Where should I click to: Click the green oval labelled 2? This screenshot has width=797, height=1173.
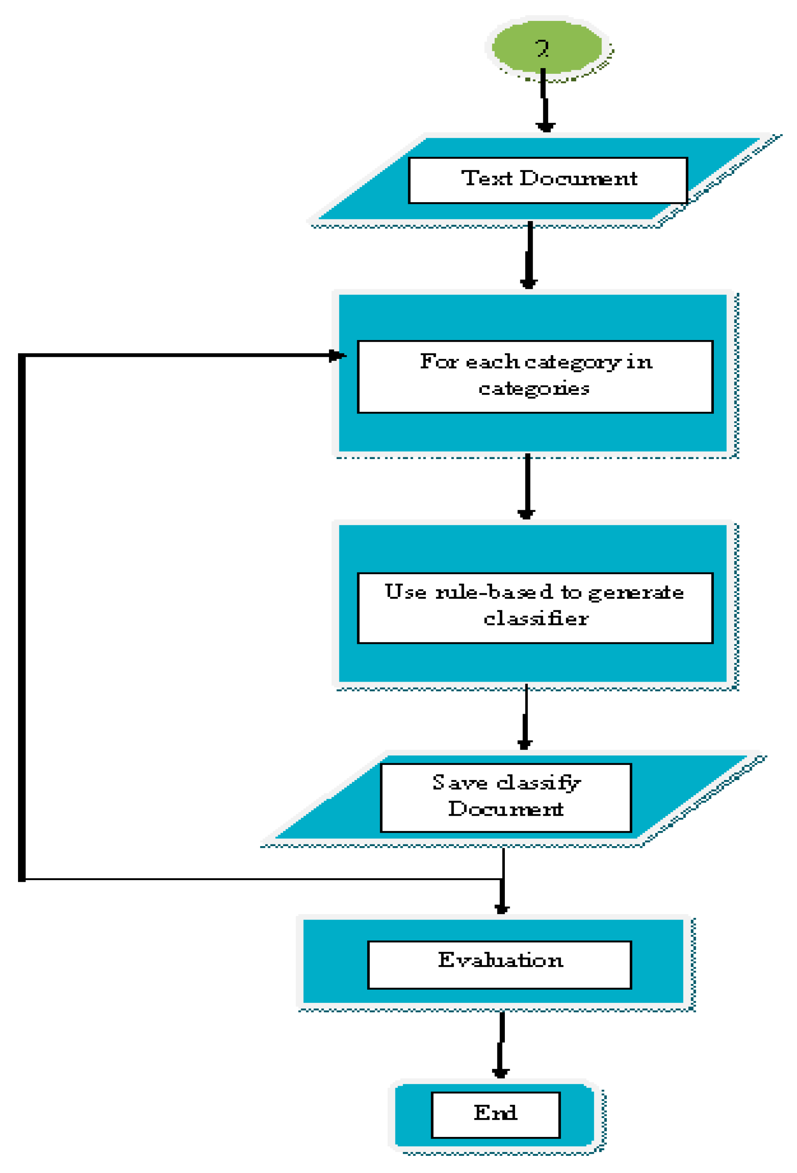(547, 48)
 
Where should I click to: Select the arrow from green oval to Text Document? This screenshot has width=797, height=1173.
(544, 101)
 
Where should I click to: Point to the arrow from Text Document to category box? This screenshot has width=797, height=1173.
(529, 255)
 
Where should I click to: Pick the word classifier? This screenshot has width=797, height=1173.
(536, 619)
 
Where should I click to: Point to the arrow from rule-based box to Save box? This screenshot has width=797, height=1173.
(526, 717)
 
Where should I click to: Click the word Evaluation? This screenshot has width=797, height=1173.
(500, 959)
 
